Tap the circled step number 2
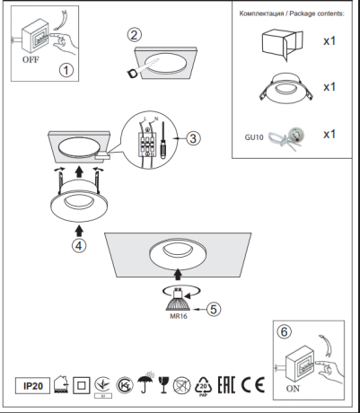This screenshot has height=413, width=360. (x=134, y=36)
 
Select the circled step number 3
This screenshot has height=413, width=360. (x=192, y=137)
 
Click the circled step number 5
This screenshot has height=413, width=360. (x=213, y=308)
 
